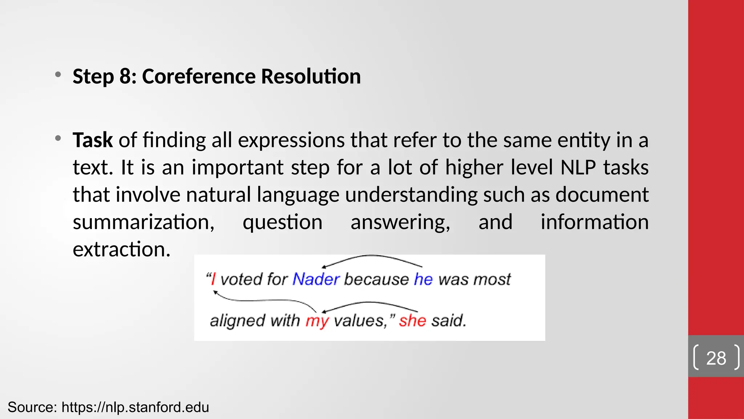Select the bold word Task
pyautogui.click(x=93, y=140)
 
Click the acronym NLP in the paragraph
pyautogui.click(x=578, y=168)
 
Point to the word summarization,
pyautogui.click(x=143, y=222)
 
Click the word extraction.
pyautogui.click(x=121, y=250)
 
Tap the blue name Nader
pyautogui.click(x=316, y=279)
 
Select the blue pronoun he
pyautogui.click(x=423, y=279)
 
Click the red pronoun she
pyautogui.click(x=412, y=320)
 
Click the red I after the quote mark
pyautogui.click(x=213, y=279)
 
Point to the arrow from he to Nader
pyautogui.click(x=372, y=257)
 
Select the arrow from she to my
pyautogui.click(x=371, y=303)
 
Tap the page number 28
pyautogui.click(x=716, y=358)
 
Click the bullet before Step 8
pyautogui.click(x=58, y=75)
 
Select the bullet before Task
pyautogui.click(x=58, y=139)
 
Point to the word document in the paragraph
pyautogui.click(x=602, y=195)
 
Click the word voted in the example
pyautogui.click(x=241, y=279)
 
